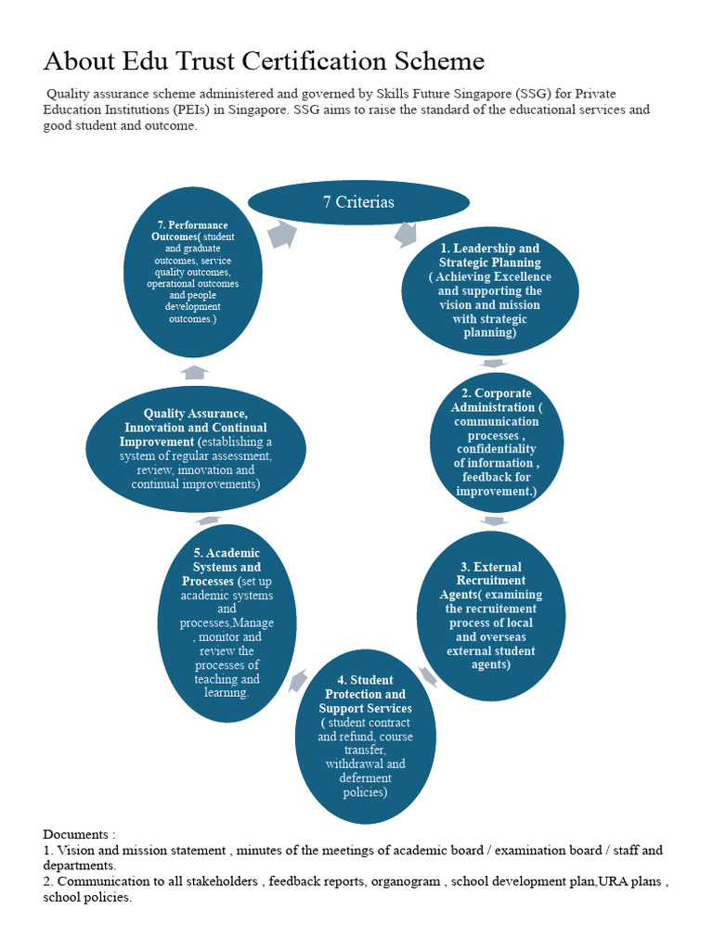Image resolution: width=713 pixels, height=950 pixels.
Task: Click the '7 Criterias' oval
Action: tap(358, 202)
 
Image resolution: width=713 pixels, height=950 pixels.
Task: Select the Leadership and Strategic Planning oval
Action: tap(489, 290)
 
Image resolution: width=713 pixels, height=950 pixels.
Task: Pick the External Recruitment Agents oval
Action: tap(490, 614)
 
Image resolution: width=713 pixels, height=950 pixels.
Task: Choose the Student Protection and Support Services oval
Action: tap(365, 737)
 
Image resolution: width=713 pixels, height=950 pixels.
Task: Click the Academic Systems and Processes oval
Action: tap(227, 623)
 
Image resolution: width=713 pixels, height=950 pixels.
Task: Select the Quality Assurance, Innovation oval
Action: tap(196, 449)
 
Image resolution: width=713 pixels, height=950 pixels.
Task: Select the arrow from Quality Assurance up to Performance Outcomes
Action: tap(195, 372)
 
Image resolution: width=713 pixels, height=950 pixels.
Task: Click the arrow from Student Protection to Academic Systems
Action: tap(298, 683)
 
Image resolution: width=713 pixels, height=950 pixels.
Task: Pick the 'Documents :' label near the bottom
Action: tap(80, 835)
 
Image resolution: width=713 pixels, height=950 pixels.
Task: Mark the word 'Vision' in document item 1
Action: tap(77, 850)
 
